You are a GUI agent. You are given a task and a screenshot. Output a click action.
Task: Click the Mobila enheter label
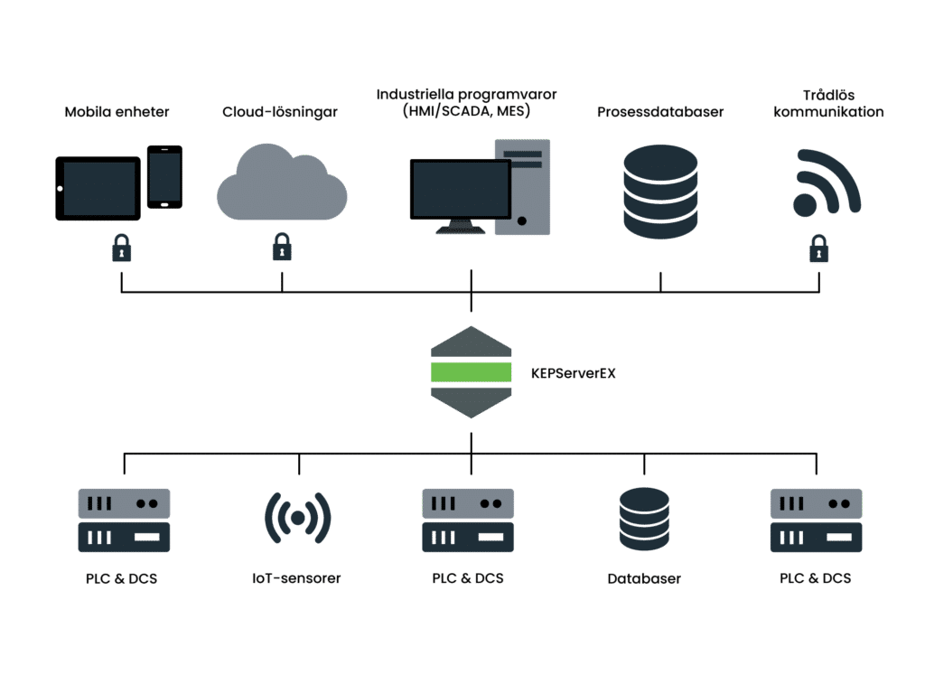(x=117, y=113)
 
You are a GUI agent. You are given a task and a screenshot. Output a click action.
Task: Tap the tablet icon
(x=98, y=188)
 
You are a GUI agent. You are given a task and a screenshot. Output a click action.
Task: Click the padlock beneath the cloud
(x=282, y=247)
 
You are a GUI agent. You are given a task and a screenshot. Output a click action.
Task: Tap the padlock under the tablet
(x=121, y=247)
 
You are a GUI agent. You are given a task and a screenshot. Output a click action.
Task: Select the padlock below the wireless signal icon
(x=818, y=247)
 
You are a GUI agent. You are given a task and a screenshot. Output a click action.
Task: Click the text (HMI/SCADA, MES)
(x=465, y=113)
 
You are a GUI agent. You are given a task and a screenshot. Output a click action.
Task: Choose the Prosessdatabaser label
(x=660, y=113)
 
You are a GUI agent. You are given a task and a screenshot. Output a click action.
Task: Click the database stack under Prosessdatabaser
(x=660, y=191)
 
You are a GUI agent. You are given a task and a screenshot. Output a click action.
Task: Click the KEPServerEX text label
(x=573, y=372)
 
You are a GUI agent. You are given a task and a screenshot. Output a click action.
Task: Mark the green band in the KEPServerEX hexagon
(x=472, y=371)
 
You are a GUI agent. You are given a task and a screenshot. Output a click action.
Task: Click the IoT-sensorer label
(x=297, y=578)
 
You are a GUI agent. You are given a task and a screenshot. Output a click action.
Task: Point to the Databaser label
(x=644, y=578)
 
